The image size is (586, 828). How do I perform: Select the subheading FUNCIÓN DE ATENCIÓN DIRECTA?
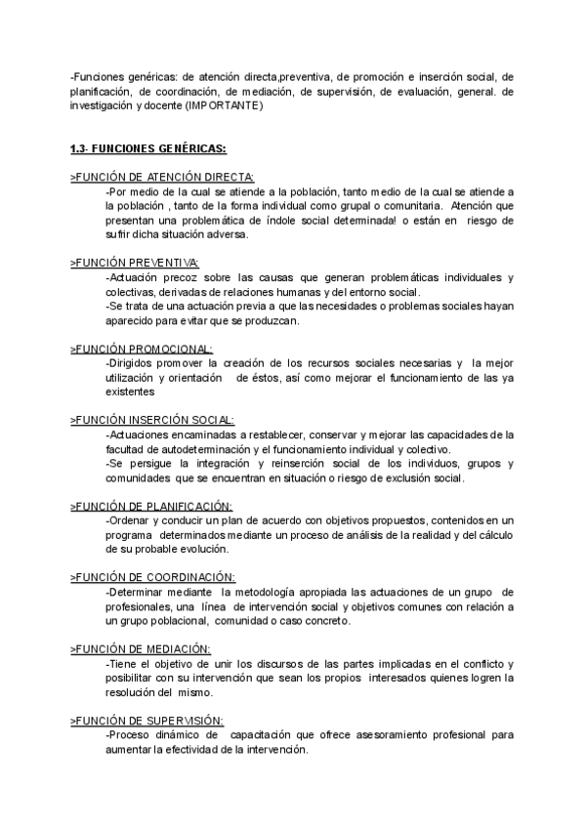pyautogui.click(x=162, y=177)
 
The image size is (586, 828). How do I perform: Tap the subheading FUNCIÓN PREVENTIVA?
pyautogui.click(x=136, y=263)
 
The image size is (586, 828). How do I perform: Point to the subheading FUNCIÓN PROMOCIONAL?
pyautogui.click(x=143, y=349)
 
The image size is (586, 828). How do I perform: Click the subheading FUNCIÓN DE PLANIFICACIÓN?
pyautogui.click(x=152, y=506)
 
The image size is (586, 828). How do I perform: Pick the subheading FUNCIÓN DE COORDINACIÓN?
pyautogui.click(x=153, y=577)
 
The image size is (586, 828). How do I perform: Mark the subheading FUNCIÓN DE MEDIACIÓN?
pyautogui.click(x=143, y=648)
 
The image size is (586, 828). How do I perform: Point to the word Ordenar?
pyautogui.click(x=128, y=520)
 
